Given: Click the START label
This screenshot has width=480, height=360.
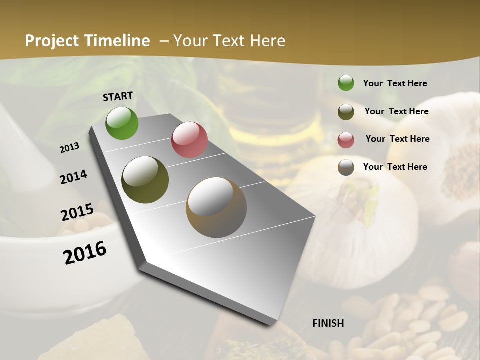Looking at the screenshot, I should [118, 96].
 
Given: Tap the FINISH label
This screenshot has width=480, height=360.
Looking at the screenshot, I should [328, 323].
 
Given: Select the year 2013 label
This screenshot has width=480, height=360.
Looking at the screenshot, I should [69, 147].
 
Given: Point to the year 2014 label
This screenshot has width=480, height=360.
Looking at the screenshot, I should [73, 177].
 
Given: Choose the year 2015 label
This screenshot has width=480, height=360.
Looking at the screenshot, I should [77, 212].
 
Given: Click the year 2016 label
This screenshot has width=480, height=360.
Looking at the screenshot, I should [85, 252].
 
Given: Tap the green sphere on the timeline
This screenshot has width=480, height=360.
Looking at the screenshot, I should [122, 123].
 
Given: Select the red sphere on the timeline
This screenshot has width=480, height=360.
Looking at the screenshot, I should [189, 140].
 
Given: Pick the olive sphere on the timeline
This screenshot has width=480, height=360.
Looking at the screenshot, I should [145, 180].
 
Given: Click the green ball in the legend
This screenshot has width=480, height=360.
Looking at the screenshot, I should [346, 83].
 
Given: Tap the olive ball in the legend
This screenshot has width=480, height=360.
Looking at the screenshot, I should [346, 112].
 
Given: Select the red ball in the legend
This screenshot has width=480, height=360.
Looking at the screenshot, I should [346, 140].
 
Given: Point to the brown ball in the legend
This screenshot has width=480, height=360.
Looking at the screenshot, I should [346, 167].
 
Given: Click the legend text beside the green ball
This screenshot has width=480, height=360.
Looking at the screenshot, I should [395, 83].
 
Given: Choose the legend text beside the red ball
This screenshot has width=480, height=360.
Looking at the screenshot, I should [397, 139].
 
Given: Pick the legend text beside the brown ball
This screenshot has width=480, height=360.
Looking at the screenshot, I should [395, 167].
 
